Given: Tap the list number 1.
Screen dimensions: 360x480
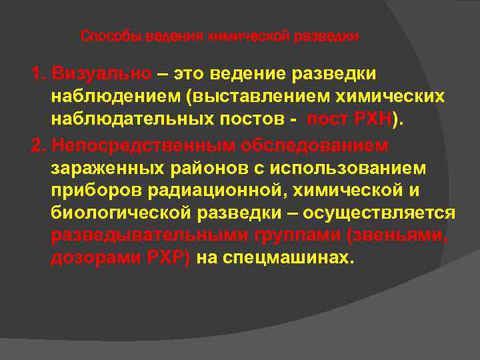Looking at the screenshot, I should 37,72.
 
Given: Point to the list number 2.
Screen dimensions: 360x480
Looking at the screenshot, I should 37,145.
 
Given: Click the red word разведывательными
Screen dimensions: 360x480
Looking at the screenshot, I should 150,237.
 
